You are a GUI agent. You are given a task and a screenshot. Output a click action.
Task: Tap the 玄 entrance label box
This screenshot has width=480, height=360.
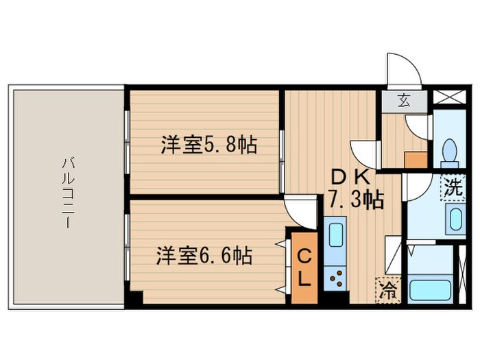(404, 102)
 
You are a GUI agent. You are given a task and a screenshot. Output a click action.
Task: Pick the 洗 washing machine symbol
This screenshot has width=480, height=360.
(451, 185)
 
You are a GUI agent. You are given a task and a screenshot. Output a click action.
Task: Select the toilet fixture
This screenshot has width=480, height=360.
(451, 149)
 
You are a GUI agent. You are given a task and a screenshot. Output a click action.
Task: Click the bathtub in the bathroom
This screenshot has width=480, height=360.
(430, 288)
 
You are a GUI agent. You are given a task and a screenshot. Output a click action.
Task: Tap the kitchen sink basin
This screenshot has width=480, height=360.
(337, 235)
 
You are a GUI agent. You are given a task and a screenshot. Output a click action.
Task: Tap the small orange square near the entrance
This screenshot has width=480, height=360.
(415, 160)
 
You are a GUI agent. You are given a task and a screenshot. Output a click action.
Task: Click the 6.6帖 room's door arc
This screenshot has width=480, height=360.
(299, 210)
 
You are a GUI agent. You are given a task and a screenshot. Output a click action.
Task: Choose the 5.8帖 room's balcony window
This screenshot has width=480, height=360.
(127, 141)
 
